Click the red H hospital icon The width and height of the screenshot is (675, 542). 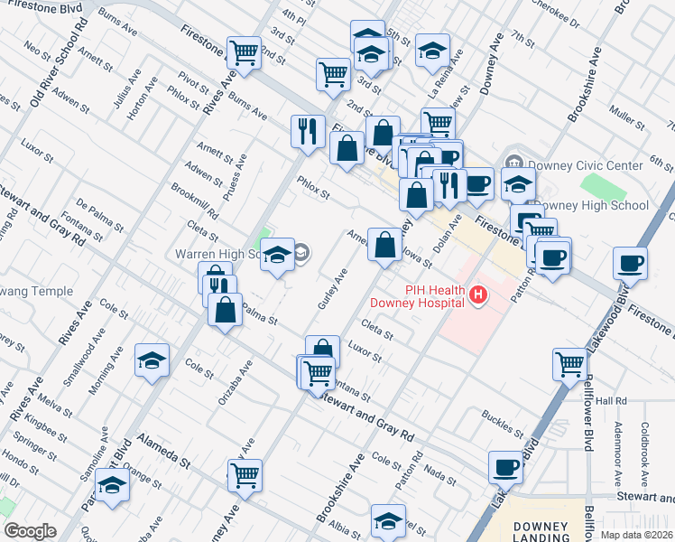(478, 294)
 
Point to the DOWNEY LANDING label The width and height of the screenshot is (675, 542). (540, 531)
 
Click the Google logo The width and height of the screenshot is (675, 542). (30, 530)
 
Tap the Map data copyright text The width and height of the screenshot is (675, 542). (637, 535)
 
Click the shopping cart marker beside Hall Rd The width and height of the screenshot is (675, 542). (569, 365)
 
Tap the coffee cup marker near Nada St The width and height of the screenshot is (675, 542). (505, 467)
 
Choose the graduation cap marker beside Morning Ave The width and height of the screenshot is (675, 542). (152, 361)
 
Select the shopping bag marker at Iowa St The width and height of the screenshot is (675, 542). (384, 245)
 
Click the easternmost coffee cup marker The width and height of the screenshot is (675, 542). (629, 263)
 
